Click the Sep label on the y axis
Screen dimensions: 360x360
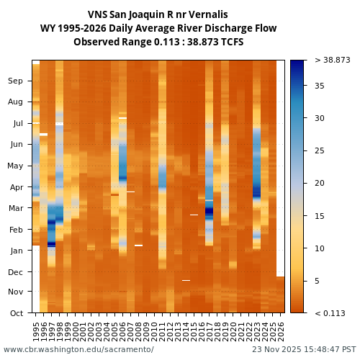(x=16, y=81)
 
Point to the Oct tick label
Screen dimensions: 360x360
(x=17, y=313)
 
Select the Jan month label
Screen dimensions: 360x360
(x=16, y=251)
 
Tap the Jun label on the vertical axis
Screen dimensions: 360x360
(x=16, y=145)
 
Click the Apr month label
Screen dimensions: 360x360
(x=16, y=187)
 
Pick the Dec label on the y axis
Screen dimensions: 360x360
(x=16, y=272)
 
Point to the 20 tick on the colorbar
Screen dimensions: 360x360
(x=320, y=184)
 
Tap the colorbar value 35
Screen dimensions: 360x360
(x=320, y=86)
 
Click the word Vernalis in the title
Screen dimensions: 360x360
(x=207, y=14)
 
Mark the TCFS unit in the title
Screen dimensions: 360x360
(x=230, y=42)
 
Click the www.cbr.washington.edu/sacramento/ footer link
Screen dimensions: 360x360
(x=78, y=350)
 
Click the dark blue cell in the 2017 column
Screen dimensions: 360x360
(x=210, y=212)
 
